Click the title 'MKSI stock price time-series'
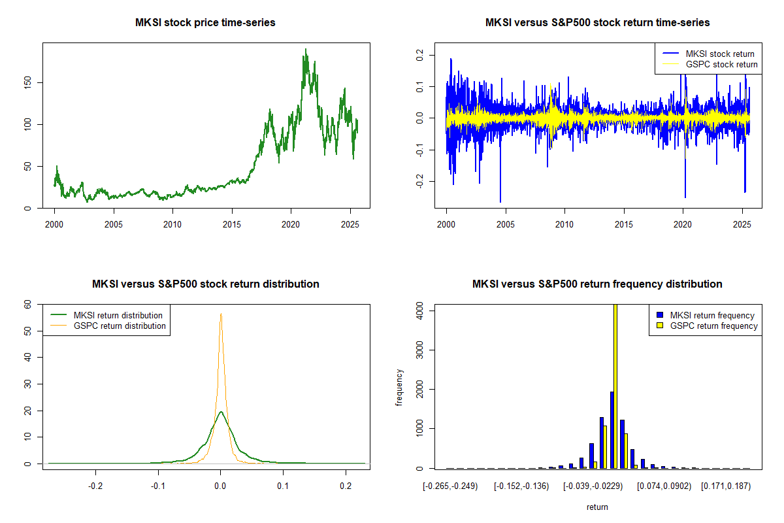pos(205,23)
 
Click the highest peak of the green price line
pos(305,50)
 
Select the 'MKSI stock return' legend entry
pos(719,54)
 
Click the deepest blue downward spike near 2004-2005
pos(500,201)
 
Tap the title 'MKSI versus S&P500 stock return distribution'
pos(205,284)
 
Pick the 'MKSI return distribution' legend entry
pos(118,315)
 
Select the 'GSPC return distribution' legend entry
pos(120,326)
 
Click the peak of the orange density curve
pos(221,314)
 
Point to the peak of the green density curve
pos(221,412)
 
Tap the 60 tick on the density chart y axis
pos(27,305)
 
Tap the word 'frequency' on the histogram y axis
pos(400,388)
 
